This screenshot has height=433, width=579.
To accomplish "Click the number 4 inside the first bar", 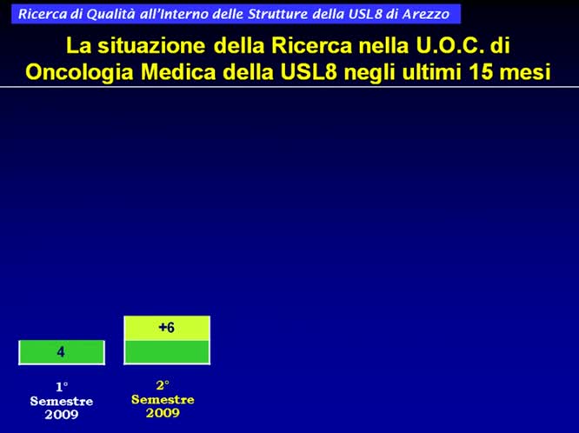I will tap(61, 352).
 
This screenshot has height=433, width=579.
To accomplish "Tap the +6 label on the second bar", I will tap(167, 328).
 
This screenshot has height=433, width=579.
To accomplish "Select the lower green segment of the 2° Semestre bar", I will tap(167, 352).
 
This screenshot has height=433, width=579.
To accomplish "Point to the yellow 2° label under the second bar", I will tap(163, 385).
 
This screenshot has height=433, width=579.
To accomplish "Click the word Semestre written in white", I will tap(61, 401).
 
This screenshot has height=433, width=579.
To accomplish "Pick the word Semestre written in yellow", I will tap(163, 399).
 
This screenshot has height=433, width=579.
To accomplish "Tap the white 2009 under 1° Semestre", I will tap(61, 415).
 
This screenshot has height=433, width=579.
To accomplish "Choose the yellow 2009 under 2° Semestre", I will tap(163, 413).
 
